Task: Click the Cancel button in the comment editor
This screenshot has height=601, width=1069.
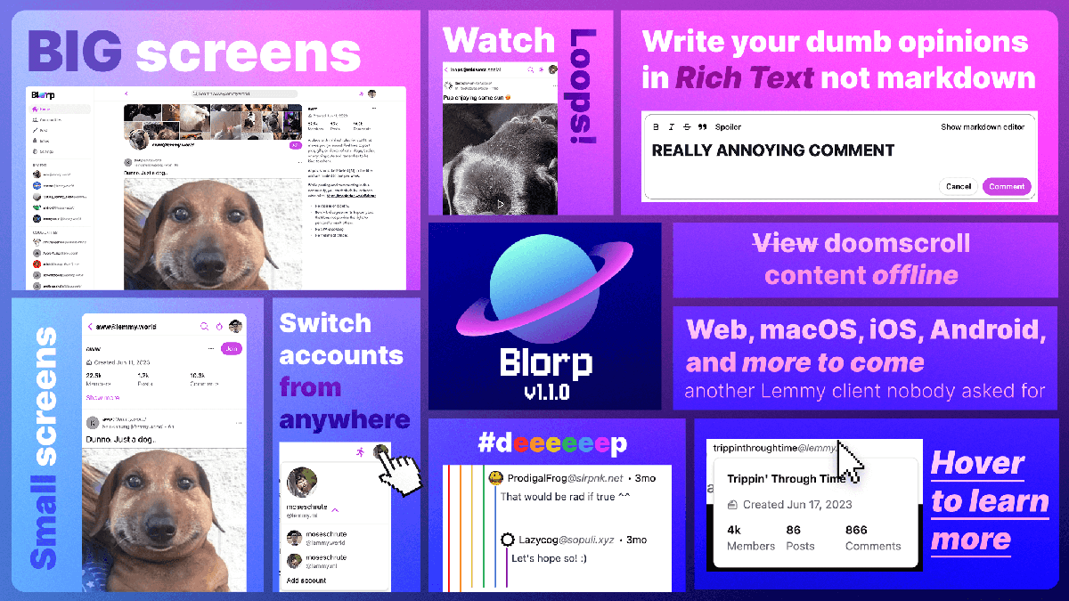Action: [x=958, y=186]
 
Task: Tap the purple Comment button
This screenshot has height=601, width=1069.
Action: [x=1007, y=186]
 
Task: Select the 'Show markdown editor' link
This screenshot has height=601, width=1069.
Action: [x=983, y=126]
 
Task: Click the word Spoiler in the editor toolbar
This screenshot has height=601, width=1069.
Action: [x=728, y=126]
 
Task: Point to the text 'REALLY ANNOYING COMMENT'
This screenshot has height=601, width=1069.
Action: [x=772, y=150]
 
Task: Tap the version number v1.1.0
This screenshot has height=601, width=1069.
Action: [x=545, y=392]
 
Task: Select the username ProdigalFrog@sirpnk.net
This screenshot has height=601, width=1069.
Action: [x=565, y=478]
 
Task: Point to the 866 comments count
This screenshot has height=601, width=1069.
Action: [x=856, y=530]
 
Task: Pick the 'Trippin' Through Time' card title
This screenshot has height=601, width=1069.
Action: [x=786, y=479]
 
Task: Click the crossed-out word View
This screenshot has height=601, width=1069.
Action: [x=785, y=243]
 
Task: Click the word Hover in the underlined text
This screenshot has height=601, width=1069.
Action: [x=977, y=463]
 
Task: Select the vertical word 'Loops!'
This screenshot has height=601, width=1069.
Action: [x=583, y=86]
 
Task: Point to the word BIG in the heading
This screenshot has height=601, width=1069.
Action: [x=75, y=52]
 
